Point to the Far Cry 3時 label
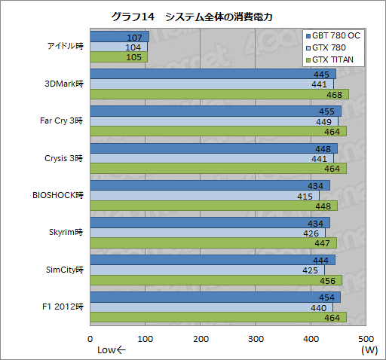pos(61,121)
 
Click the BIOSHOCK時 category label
pos(58,194)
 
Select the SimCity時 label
pos(64,269)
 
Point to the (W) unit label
pos(369,350)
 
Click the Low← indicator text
pos(112,350)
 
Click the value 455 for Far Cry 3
pos(328,111)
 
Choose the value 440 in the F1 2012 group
pos(320,307)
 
